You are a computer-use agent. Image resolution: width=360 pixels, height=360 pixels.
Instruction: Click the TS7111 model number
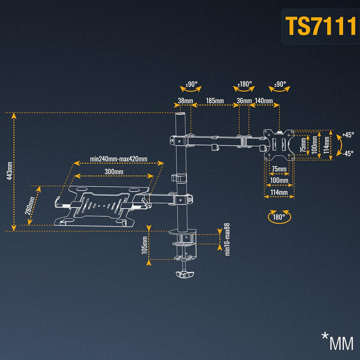click(320, 26)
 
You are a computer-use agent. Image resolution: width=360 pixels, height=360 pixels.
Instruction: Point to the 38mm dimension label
click(185, 101)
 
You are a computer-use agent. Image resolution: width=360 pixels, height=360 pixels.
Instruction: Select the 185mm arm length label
click(215, 101)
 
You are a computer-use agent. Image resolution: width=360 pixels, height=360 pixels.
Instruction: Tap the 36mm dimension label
click(243, 101)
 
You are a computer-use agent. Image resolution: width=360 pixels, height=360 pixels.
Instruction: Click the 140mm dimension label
click(263, 101)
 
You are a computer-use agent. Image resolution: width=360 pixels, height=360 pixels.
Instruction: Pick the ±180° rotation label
click(245, 84)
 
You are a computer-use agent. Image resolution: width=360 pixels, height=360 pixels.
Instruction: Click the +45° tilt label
click(348, 134)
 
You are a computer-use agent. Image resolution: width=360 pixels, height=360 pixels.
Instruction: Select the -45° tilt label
click(348, 153)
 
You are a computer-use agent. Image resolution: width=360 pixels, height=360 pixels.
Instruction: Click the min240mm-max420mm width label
click(118, 159)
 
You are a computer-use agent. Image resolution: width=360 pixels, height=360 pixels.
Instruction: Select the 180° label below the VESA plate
click(279, 217)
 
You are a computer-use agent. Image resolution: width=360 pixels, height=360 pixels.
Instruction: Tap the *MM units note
click(337, 342)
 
